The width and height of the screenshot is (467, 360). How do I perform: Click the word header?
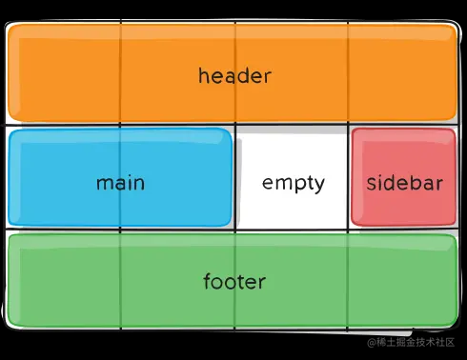tap(234, 76)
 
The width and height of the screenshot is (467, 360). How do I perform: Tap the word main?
tap(120, 182)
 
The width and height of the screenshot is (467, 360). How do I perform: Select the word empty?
tap(294, 183)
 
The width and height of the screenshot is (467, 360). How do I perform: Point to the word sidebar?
tap(404, 183)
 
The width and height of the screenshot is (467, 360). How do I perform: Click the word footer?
tap(233, 282)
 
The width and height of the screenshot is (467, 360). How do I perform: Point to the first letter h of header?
tap(204, 76)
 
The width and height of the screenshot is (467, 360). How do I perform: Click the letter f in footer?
tap(208, 281)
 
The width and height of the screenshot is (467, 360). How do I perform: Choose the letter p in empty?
tap(296, 186)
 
